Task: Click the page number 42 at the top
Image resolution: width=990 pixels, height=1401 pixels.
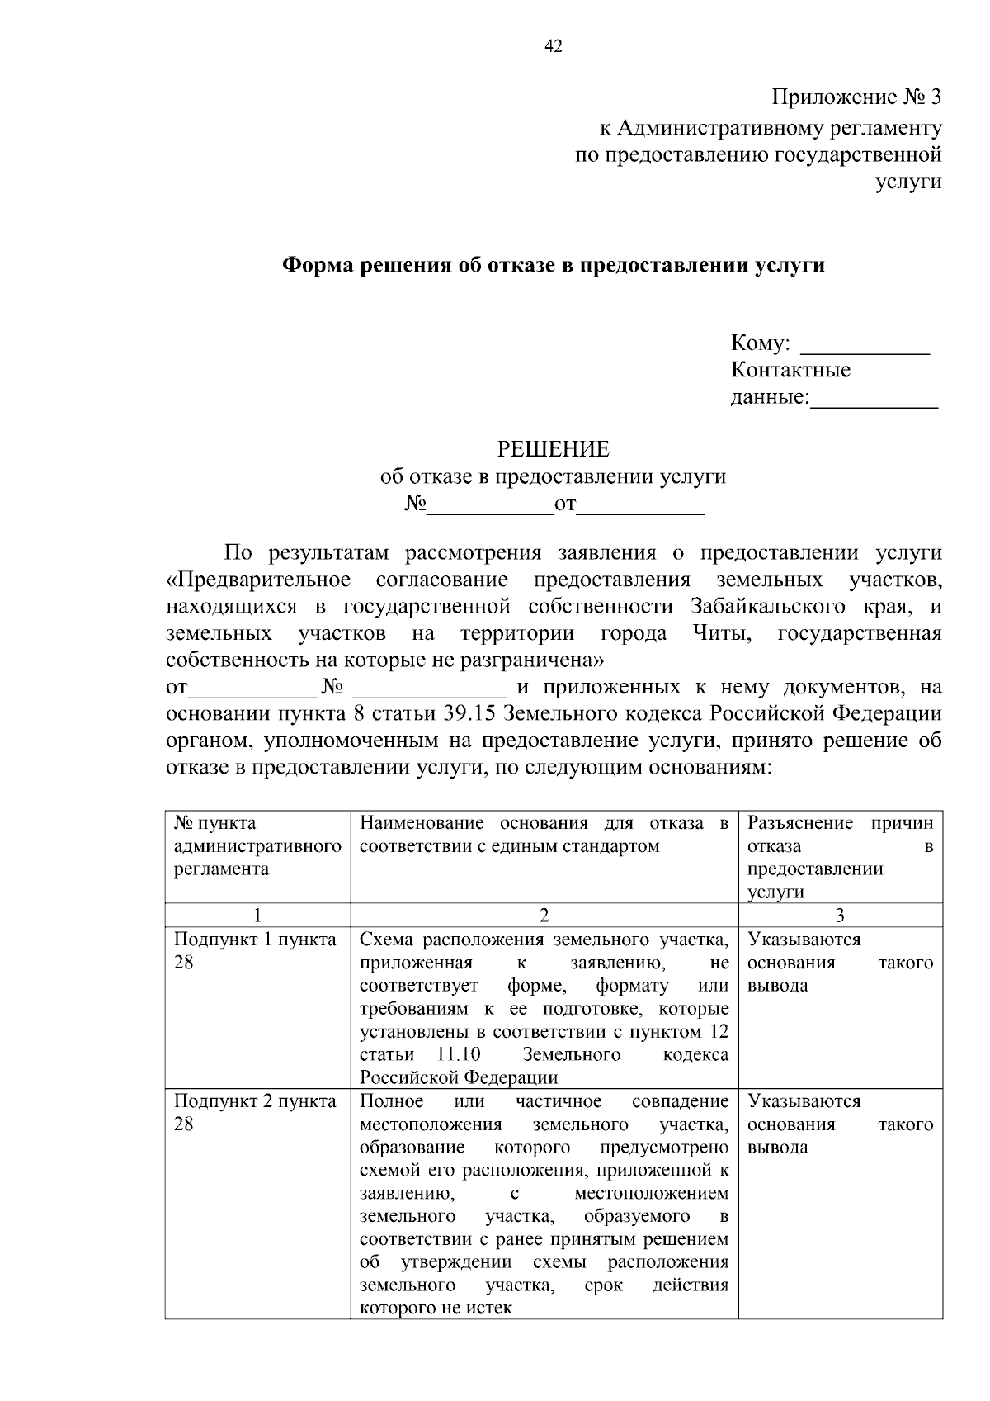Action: [x=554, y=47]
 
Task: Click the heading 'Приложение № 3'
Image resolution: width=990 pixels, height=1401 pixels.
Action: [x=856, y=97]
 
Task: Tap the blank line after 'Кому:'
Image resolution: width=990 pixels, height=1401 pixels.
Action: [x=865, y=344]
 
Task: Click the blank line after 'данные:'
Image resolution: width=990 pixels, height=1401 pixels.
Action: [x=874, y=399]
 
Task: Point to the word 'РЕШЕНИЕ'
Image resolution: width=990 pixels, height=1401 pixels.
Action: [x=553, y=449]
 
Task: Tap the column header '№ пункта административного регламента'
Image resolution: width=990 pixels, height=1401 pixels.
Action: [x=257, y=845]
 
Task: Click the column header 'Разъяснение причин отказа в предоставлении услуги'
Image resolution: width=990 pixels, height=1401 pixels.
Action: [x=840, y=857]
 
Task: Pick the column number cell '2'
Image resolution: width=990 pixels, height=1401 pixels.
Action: [x=544, y=915]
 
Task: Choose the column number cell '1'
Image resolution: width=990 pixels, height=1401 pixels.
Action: [x=257, y=915]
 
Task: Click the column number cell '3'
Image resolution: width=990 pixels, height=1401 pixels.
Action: [x=840, y=915]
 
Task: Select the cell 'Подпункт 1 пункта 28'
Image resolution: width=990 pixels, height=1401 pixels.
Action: [x=255, y=951]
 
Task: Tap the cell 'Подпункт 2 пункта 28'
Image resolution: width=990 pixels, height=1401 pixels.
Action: [x=255, y=1113]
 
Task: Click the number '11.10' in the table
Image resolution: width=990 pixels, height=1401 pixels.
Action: [x=456, y=1054]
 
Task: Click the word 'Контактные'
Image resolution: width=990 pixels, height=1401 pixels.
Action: [x=790, y=370]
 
